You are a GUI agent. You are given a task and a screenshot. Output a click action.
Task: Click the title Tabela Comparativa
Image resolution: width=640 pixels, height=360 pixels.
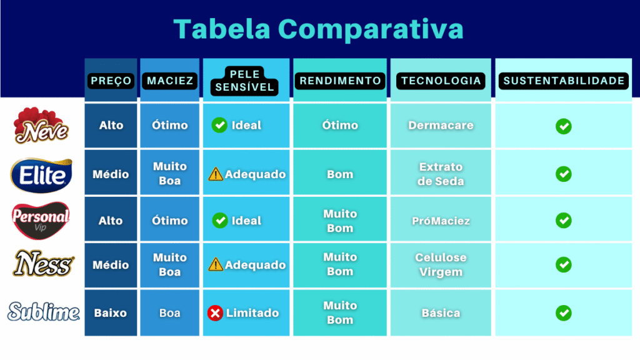pos(319,28)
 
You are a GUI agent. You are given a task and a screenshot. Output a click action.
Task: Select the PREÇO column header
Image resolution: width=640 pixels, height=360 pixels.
pos(111,81)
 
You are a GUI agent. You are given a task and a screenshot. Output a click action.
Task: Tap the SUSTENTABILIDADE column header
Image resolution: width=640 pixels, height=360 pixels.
pos(564,81)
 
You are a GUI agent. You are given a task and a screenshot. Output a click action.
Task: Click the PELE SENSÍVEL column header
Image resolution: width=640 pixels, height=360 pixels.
pos(246,81)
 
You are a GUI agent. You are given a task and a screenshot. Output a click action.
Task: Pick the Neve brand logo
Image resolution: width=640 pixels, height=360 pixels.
pos(41,126)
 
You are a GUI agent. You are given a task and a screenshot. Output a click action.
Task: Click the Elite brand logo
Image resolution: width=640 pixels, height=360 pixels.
pos(41,174)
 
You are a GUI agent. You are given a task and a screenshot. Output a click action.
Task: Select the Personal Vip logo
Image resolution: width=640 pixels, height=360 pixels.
pos(41,220)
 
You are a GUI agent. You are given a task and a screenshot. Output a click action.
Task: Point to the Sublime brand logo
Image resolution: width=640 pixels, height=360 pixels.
pos(43,312)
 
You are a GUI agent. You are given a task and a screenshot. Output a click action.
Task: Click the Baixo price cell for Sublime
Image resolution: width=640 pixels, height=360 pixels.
pos(111,312)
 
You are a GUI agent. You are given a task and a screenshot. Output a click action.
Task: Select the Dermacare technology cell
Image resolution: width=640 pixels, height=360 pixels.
pos(441,126)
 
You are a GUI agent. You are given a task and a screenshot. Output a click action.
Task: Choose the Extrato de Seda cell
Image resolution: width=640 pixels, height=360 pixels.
pos(441,174)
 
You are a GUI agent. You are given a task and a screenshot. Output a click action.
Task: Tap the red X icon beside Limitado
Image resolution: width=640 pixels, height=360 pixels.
pos(215,312)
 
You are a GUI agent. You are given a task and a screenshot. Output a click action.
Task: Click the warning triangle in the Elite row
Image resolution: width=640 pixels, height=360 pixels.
pos(216,174)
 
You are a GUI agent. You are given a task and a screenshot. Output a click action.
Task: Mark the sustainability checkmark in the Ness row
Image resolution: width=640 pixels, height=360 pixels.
pos(563,265)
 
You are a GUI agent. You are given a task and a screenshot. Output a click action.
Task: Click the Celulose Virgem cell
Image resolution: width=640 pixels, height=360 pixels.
pos(441,265)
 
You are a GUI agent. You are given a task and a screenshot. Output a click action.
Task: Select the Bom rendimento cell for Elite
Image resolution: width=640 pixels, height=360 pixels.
pos(340,174)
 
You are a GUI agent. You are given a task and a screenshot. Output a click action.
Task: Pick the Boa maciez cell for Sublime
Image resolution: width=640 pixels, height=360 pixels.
pos(169,312)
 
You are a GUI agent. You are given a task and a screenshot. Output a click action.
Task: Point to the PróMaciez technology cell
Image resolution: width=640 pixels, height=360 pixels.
pos(441,221)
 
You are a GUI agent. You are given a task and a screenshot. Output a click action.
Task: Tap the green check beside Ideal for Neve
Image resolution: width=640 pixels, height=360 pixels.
pos(219,126)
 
